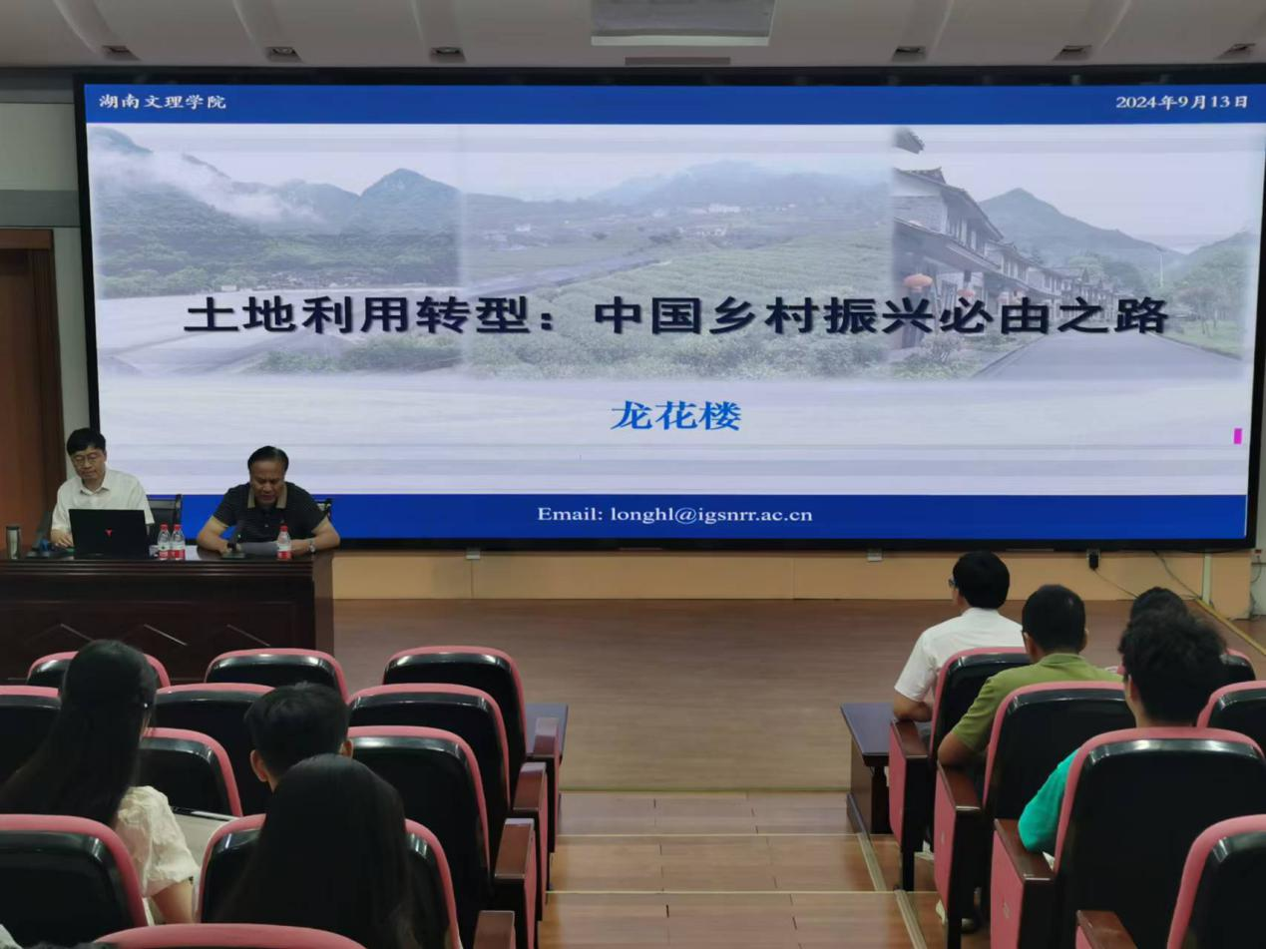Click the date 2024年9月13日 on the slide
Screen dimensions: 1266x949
pos(1181,102)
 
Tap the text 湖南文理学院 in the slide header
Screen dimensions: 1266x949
pos(162,102)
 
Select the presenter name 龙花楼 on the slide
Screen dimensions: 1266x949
pos(675,415)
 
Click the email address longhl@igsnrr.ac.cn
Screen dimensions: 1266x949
pos(711,514)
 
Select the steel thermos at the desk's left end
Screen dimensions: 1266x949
pos(13,541)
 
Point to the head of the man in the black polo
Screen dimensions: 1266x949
pos(268,473)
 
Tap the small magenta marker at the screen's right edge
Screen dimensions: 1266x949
pos(1237,437)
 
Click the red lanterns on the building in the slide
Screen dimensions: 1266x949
pos(917,281)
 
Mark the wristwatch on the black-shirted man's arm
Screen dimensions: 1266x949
pos(311,546)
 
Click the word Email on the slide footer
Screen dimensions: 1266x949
pos(570,514)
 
